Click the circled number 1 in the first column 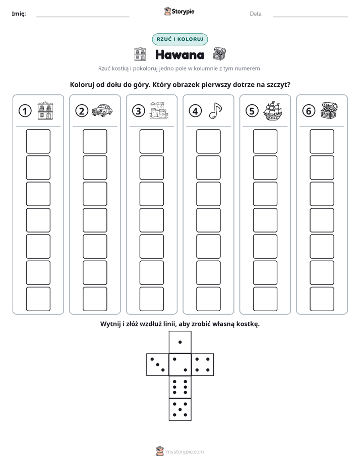click(x=25, y=111)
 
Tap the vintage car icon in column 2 click(x=102, y=110)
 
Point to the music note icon click(x=215, y=110)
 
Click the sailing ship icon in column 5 click(x=272, y=110)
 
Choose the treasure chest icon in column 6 click(x=329, y=110)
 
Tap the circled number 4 click(x=195, y=111)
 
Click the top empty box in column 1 click(x=38, y=141)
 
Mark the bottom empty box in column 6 click(x=322, y=299)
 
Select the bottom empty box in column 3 click(x=151, y=299)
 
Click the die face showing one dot click(x=180, y=342)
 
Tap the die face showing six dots click(x=180, y=387)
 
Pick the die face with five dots click(x=180, y=409)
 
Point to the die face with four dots click(x=203, y=365)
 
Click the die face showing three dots click(x=158, y=365)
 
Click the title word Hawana click(x=179, y=54)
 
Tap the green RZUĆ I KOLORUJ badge click(x=179, y=39)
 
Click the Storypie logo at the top click(x=179, y=12)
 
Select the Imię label click(x=19, y=14)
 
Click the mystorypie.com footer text click(x=185, y=452)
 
